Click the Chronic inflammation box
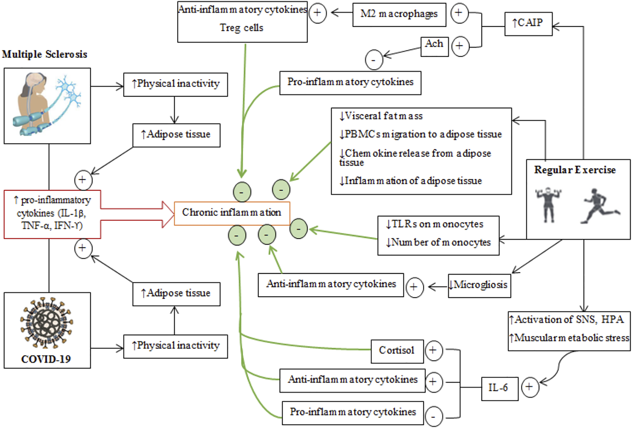pyautogui.click(x=232, y=213)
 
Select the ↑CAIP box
pyautogui.click(x=528, y=24)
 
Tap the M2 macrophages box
pyautogui.click(x=399, y=15)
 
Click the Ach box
pyautogui.click(x=434, y=46)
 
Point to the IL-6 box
pyautogui.click(x=499, y=388)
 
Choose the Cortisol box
pyautogui.click(x=397, y=351)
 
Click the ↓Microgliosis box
pyautogui.click(x=479, y=285)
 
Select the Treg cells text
pyautogui.click(x=241, y=28)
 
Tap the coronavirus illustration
pyautogui.click(x=46, y=322)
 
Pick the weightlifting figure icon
pyautogui.click(x=548, y=204)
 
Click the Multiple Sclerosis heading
pyautogui.click(x=45, y=54)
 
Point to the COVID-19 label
pyautogui.click(x=46, y=359)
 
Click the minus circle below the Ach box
pyautogui.click(x=374, y=60)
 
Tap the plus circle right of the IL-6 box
pyautogui.click(x=530, y=387)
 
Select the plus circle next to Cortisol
pyautogui.click(x=433, y=351)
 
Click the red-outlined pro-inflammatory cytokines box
pyautogui.click(x=52, y=214)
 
